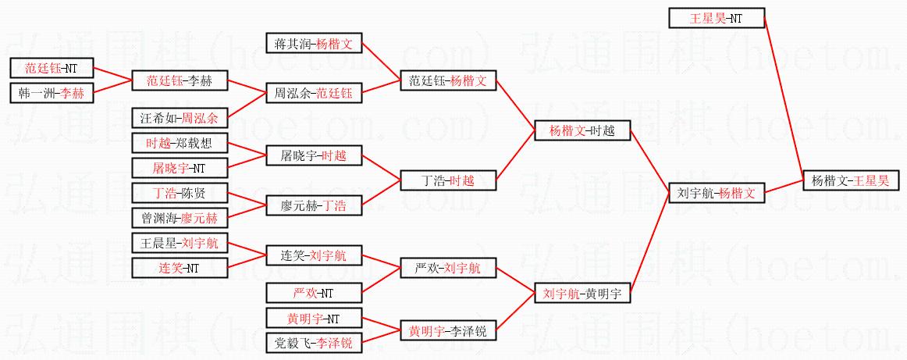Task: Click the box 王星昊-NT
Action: (717, 18)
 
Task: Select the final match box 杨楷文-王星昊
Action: (850, 181)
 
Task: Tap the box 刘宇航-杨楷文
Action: (716, 194)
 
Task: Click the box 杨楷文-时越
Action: (582, 131)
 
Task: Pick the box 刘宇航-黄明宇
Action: (582, 294)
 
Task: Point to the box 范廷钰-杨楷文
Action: (448, 81)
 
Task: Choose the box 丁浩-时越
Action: (448, 180)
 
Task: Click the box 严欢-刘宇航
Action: (448, 269)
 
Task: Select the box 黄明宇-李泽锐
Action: (448, 332)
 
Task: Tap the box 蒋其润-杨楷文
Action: (314, 44)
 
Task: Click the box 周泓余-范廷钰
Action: (314, 93)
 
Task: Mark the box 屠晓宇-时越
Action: (314, 155)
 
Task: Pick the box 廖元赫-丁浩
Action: (314, 205)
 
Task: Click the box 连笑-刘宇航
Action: (314, 255)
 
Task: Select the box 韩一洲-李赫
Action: (52, 93)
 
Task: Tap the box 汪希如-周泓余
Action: (180, 119)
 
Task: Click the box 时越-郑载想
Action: (180, 143)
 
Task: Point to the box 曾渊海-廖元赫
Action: (180, 218)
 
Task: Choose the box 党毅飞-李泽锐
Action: (314, 344)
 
